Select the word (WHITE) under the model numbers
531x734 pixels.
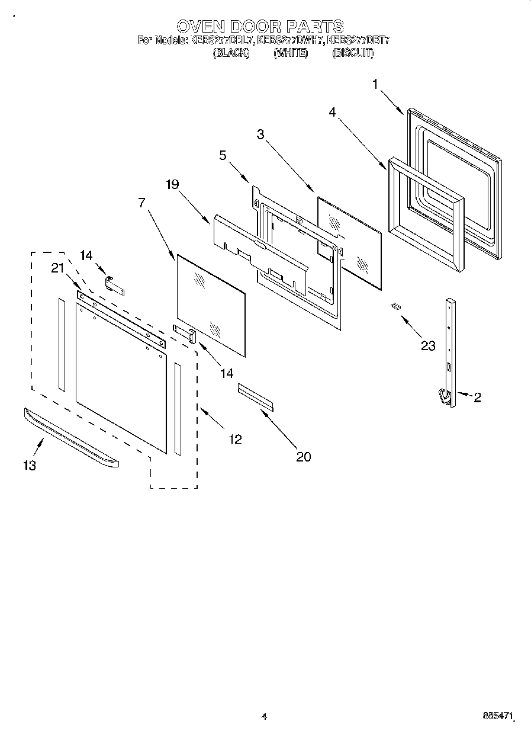pos(291,53)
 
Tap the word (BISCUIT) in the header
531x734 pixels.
pos(353,53)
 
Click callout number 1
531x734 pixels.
pos(375,85)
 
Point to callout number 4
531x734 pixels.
pos(333,112)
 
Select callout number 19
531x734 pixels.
pos(172,184)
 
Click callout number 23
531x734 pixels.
pos(427,346)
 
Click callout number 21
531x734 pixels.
pos(57,268)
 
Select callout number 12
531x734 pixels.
pos(235,439)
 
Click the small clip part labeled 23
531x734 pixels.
pos(396,306)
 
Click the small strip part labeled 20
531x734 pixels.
pos(256,396)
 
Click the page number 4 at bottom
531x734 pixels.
pos(265,717)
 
